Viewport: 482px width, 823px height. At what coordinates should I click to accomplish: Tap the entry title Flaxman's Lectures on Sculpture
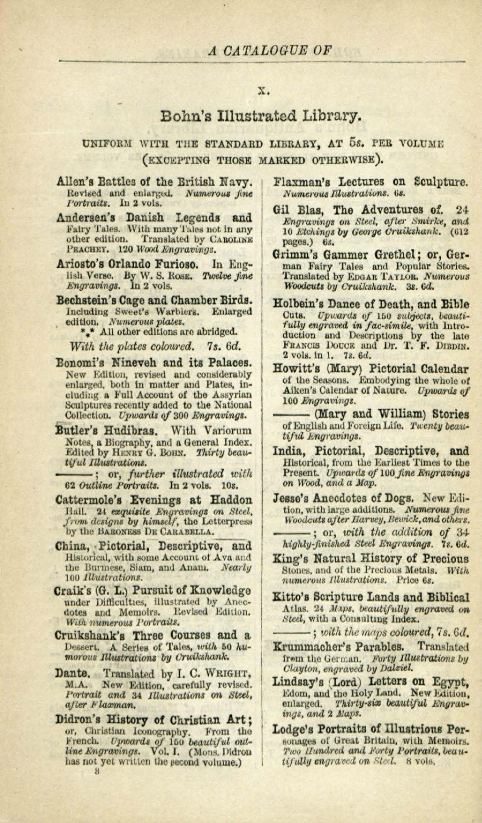[x=371, y=182]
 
